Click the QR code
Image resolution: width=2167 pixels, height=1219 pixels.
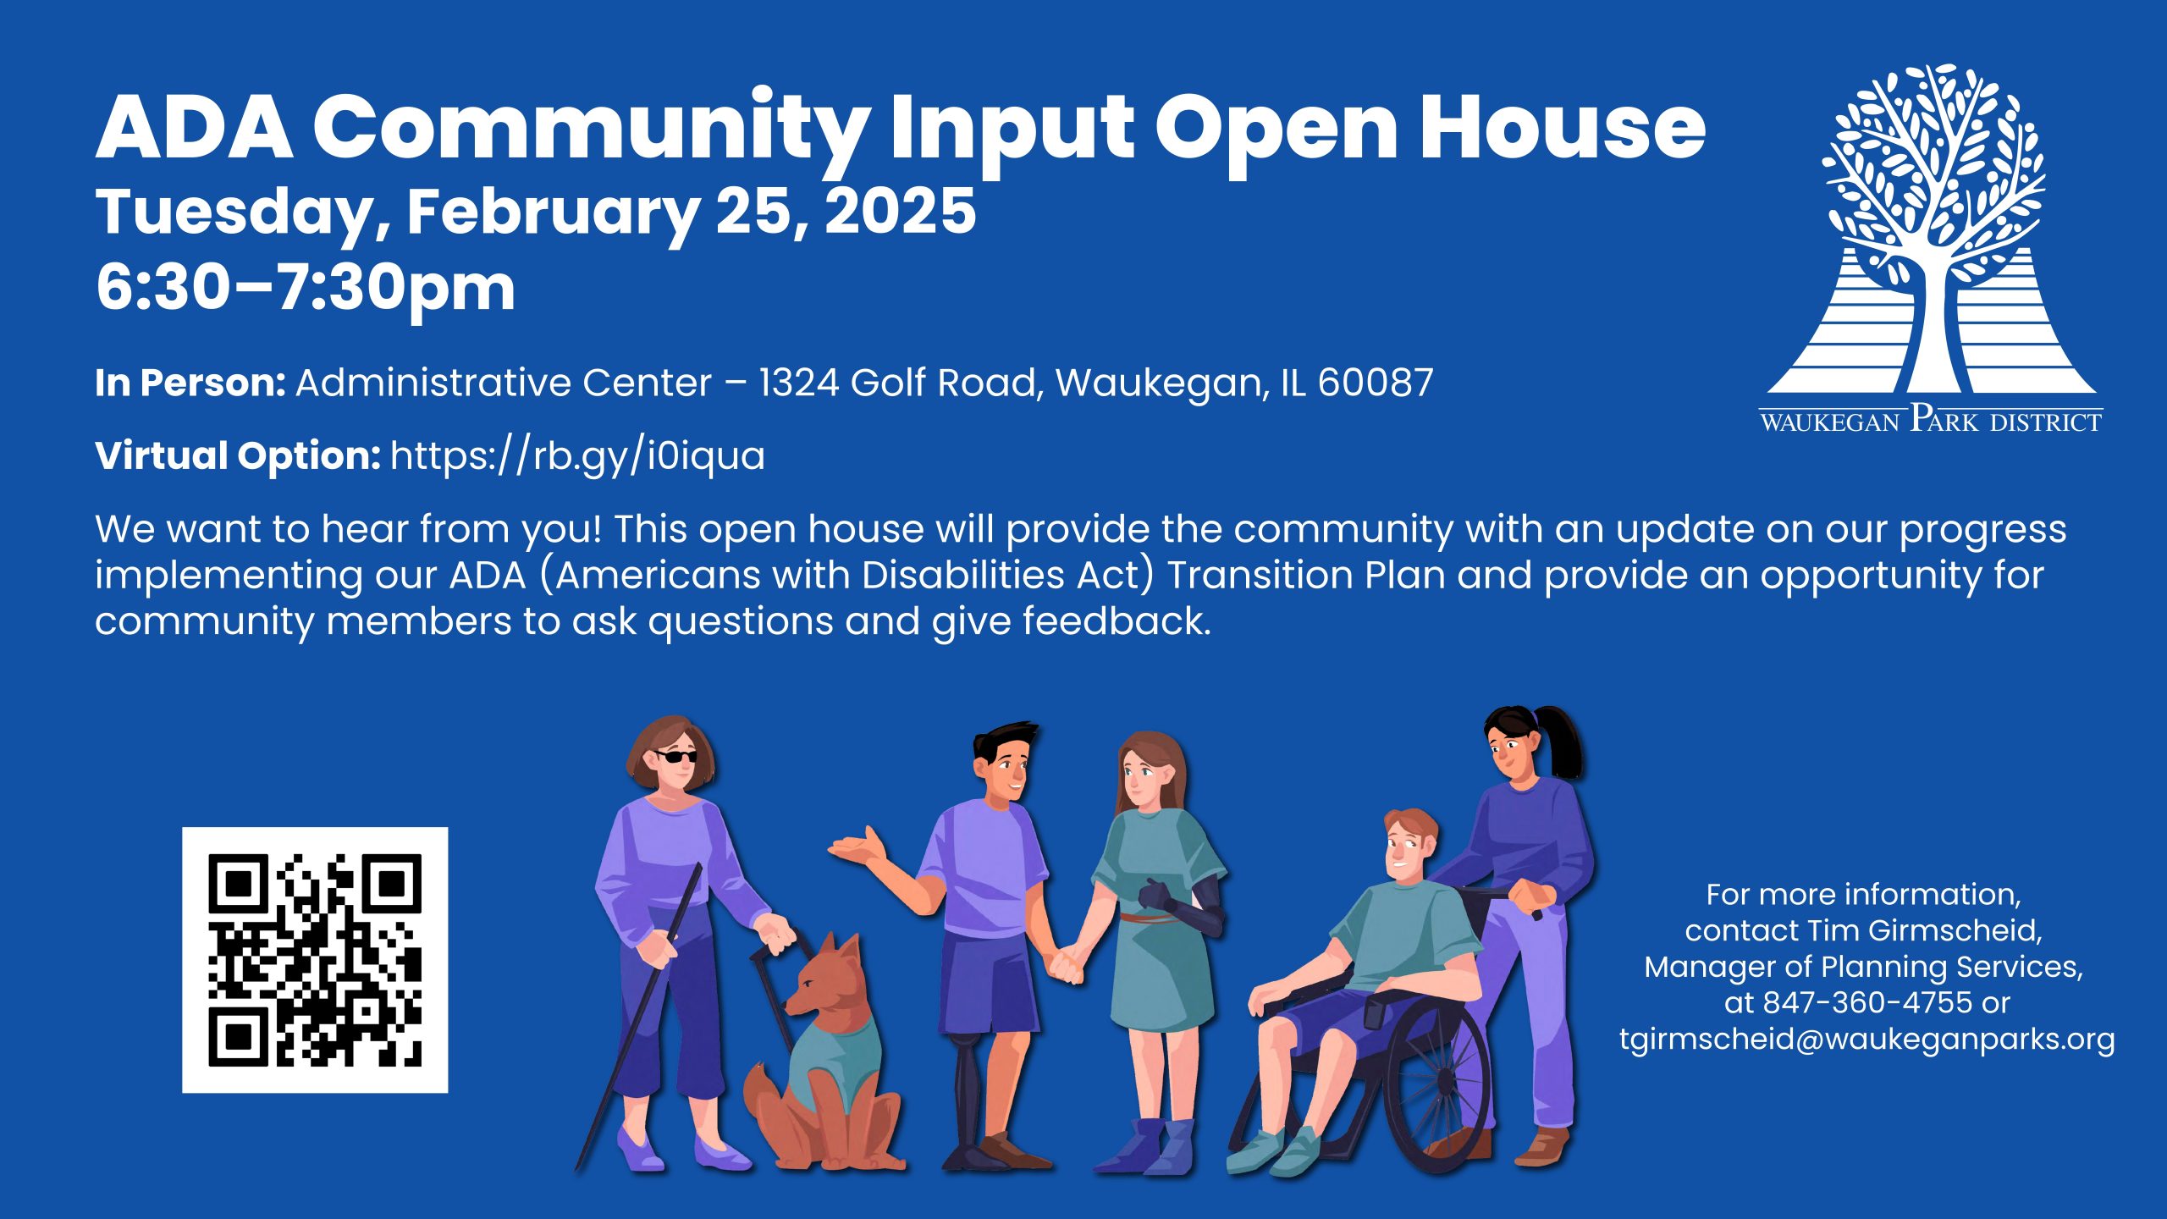pyautogui.click(x=315, y=960)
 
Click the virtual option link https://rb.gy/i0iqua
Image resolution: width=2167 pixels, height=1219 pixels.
pyautogui.click(x=577, y=456)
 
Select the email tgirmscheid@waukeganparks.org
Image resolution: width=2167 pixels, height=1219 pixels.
pyautogui.click(x=1866, y=1039)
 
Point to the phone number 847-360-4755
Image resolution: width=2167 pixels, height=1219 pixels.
pyautogui.click(x=1867, y=1002)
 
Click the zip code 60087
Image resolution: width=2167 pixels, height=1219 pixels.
pyautogui.click(x=1376, y=383)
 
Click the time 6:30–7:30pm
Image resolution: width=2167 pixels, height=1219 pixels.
pyautogui.click(x=306, y=288)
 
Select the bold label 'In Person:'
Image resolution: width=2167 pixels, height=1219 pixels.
pyautogui.click(x=190, y=383)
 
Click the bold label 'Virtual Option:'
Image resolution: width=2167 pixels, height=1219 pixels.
pyautogui.click(x=238, y=456)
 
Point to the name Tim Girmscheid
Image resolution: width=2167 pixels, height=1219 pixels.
pyautogui.click(x=1924, y=930)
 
